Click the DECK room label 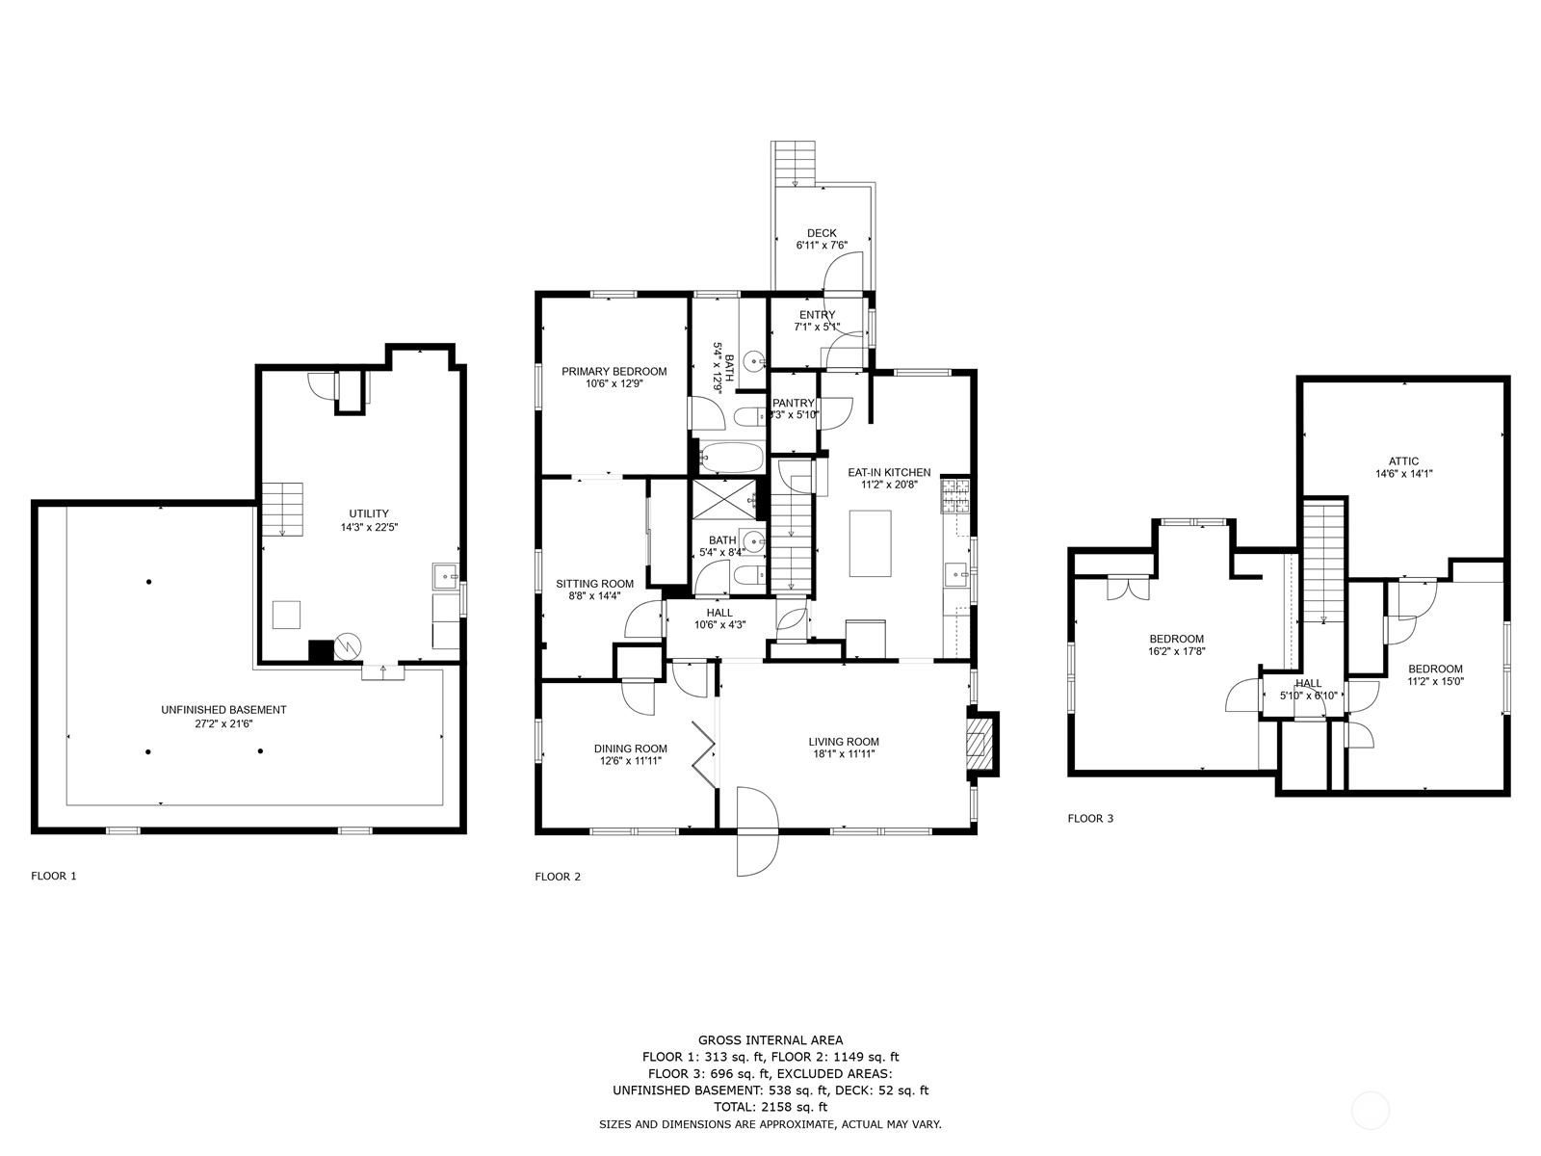click(822, 233)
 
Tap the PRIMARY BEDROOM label click(614, 371)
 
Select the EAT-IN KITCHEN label click(889, 472)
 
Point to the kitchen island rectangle click(870, 543)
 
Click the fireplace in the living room click(981, 744)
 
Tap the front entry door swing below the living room click(758, 831)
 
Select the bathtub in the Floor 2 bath click(732, 457)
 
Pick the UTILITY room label click(369, 513)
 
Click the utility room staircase click(283, 509)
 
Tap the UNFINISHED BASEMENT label click(223, 710)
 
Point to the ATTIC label click(1403, 461)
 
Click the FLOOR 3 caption click(1090, 819)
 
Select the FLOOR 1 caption click(53, 876)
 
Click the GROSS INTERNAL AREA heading click(770, 1040)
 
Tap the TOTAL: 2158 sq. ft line click(770, 1107)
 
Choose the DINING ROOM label click(631, 749)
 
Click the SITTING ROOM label click(594, 583)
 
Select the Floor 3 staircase click(1323, 562)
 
